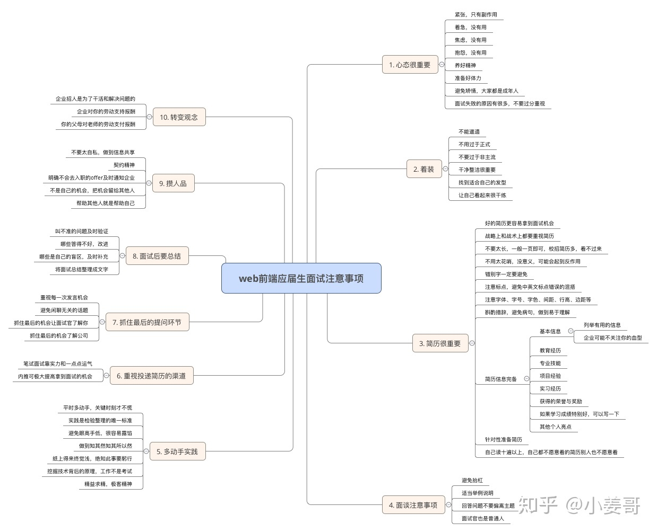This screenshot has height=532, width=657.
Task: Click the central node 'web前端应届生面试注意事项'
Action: coord(301,278)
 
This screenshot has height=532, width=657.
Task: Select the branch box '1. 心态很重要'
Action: coord(410,65)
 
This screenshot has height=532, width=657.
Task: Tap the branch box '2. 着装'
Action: coord(423,169)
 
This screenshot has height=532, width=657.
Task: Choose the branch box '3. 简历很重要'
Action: coord(440,343)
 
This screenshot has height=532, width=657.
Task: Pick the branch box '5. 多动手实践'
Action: coord(177,451)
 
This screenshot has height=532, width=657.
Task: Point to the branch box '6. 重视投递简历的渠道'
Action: coord(151,376)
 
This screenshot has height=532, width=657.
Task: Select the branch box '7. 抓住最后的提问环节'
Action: coord(147,322)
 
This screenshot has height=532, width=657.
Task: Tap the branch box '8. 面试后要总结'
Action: coord(157,256)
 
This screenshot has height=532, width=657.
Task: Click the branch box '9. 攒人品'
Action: coord(173,183)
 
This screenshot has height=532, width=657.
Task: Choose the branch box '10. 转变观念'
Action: coord(179,117)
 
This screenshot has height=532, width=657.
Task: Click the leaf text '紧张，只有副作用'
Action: coord(476,15)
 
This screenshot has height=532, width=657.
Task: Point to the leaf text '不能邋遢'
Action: coord(469,132)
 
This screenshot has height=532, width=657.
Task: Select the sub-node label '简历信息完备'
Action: coord(500,379)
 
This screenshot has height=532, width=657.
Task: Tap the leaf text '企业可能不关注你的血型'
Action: coord(612,338)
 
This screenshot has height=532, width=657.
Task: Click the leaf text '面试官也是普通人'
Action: coord(482,518)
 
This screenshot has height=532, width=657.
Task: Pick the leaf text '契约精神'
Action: coord(124,165)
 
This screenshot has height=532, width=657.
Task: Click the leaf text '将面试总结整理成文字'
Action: coord(82,269)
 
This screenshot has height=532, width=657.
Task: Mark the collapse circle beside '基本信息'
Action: coord(570,331)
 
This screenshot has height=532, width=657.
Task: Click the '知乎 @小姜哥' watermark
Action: coord(580,506)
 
